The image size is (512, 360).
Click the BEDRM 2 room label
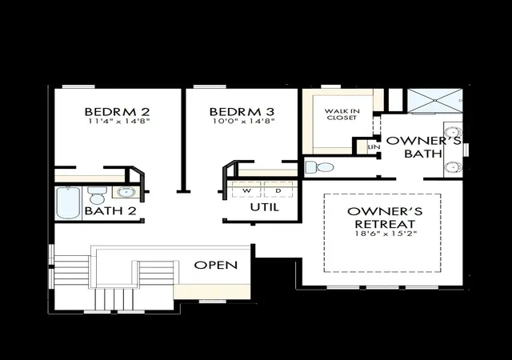pyautogui.click(x=117, y=112)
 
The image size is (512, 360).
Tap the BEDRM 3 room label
pyautogui.click(x=242, y=112)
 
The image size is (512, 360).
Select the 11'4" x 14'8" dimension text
pyautogui.click(x=119, y=121)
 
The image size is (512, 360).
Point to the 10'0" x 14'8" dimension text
pyautogui.click(x=243, y=121)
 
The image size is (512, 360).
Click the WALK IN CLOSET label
pyautogui.click(x=342, y=114)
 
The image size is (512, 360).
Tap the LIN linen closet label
pyautogui.click(x=374, y=147)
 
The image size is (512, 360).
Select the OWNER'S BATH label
pyautogui.click(x=423, y=147)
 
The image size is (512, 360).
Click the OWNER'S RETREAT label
pyautogui.click(x=385, y=218)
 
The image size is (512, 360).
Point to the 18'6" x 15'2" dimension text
pyautogui.click(x=386, y=234)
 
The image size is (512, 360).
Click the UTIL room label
pyautogui.click(x=265, y=207)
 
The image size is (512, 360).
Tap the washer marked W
pyautogui.click(x=246, y=190)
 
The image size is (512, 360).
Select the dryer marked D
pyautogui.click(x=278, y=190)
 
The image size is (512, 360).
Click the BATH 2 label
pyautogui.click(x=110, y=210)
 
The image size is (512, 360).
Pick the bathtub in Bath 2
pyautogui.click(x=68, y=203)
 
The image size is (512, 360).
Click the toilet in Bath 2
pyautogui.click(x=97, y=195)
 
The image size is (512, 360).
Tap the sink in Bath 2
pyautogui.click(x=126, y=192)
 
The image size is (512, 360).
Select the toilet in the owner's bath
pyautogui.click(x=319, y=167)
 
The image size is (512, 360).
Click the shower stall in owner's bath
pyautogui.click(x=434, y=101)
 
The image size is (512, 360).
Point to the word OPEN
pyautogui.click(x=215, y=265)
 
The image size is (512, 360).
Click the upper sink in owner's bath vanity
pyautogui.click(x=454, y=132)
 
